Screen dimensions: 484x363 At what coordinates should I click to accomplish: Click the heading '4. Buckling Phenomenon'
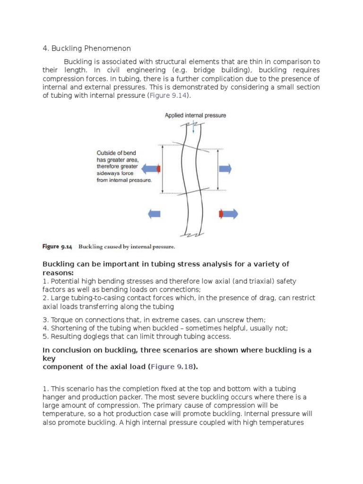click(86, 48)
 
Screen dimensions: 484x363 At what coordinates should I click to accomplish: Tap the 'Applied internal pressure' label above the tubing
click(195, 115)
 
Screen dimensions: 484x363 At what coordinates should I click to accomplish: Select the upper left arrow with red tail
click(151, 168)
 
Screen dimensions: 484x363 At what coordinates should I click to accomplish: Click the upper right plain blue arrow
click(225, 168)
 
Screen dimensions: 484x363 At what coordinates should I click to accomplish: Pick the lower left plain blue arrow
click(154, 214)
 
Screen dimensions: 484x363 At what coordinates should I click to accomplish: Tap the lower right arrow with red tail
click(228, 214)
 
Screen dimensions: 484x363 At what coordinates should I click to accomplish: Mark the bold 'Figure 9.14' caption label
click(57, 247)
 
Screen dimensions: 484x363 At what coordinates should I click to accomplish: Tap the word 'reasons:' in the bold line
click(58, 273)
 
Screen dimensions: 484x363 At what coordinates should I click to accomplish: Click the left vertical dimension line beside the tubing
click(163, 169)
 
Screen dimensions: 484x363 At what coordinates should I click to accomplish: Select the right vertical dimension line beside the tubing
click(218, 169)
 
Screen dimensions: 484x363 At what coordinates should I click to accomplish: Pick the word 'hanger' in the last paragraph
click(54, 397)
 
